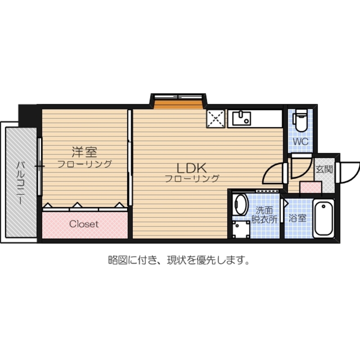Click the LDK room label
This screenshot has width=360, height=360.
tap(191, 168)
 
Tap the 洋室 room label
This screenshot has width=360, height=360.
tap(84, 152)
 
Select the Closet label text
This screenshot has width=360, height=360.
tap(84, 224)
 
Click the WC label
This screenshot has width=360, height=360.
tap(301, 141)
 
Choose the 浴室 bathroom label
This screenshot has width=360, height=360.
tap(298, 218)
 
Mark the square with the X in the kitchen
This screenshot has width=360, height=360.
tap(216, 118)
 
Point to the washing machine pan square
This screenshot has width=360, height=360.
tap(241, 229)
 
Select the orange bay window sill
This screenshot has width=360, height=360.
tap(177, 104)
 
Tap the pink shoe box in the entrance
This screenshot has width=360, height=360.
tap(311, 188)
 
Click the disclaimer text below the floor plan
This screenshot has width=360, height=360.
tap(179, 260)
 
